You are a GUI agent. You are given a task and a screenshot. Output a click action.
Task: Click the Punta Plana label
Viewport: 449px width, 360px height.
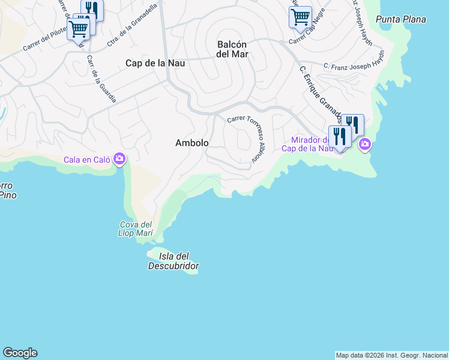click(x=400, y=19)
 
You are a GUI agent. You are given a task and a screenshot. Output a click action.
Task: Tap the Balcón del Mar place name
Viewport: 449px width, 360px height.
click(x=232, y=49)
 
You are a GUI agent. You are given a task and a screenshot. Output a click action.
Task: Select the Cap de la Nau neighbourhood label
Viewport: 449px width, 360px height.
click(x=155, y=62)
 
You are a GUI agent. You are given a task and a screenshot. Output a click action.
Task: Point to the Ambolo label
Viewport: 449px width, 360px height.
click(x=192, y=143)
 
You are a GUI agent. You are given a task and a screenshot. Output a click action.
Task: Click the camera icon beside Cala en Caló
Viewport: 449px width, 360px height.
click(x=119, y=158)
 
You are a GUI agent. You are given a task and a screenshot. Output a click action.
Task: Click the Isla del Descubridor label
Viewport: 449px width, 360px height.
click(x=173, y=261)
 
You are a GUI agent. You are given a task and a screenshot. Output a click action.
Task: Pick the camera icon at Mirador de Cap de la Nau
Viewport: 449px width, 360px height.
click(x=364, y=145)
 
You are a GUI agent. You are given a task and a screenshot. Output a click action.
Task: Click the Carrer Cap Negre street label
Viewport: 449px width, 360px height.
click(x=310, y=37)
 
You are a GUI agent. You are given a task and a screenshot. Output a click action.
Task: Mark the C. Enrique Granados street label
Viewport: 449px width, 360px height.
click(x=321, y=94)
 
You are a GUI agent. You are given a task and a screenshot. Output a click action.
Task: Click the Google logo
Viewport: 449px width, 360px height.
click(x=20, y=353)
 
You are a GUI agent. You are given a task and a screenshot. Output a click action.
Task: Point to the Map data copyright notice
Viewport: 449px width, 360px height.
click(x=391, y=355)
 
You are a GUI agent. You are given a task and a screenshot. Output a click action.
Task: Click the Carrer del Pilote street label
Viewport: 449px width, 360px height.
click(x=46, y=41)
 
